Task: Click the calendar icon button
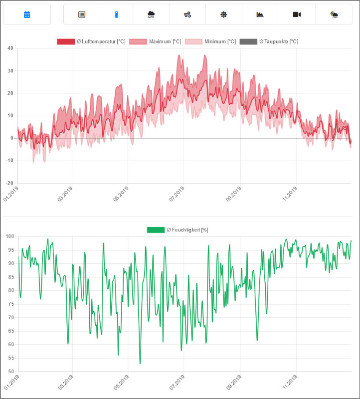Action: (27, 14)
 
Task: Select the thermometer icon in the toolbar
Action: (116, 14)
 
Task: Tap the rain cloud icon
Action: (151, 14)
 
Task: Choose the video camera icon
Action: (297, 14)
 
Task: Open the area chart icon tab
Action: (260, 14)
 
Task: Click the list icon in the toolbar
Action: (82, 14)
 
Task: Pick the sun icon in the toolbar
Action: (224, 14)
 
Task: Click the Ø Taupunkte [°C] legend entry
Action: (269, 41)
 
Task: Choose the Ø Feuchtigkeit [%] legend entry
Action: (178, 229)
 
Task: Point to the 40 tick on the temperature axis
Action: (9, 48)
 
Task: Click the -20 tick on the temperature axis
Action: (8, 183)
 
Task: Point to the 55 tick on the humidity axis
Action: (9, 358)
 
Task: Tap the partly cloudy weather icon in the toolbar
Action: (334, 14)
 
